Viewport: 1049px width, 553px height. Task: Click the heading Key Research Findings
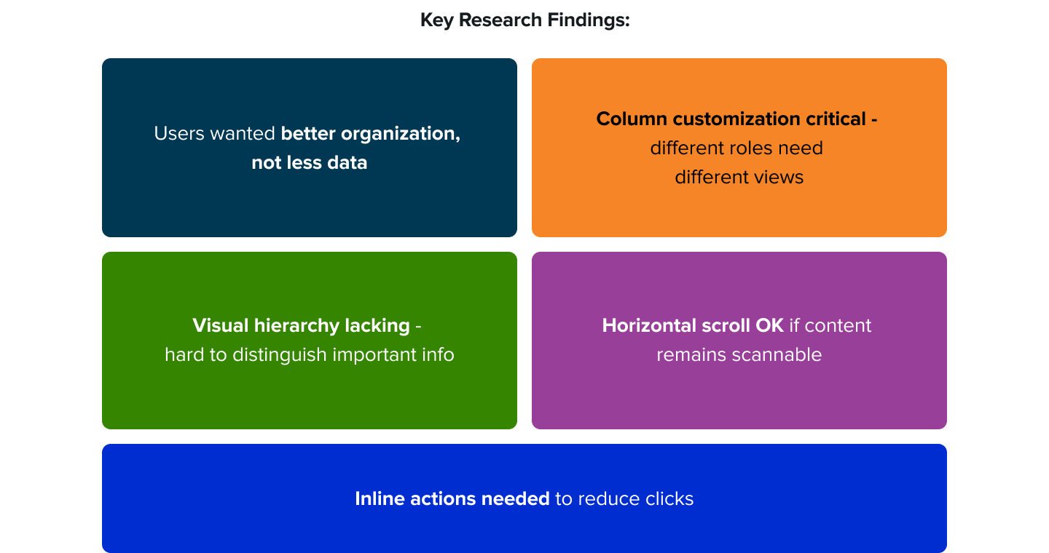[x=524, y=20]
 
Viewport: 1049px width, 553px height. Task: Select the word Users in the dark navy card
[x=179, y=134]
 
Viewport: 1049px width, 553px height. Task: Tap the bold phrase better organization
[x=370, y=134]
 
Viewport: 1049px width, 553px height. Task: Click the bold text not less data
[x=309, y=163]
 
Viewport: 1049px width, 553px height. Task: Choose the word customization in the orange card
[x=731, y=119]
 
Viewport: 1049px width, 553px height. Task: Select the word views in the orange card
[x=779, y=178]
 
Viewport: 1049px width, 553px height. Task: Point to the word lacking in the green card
[x=376, y=325]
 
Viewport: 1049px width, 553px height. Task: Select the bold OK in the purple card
[x=769, y=325]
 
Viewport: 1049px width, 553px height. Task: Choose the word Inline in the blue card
[x=380, y=499]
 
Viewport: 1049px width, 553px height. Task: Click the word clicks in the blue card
[x=669, y=499]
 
